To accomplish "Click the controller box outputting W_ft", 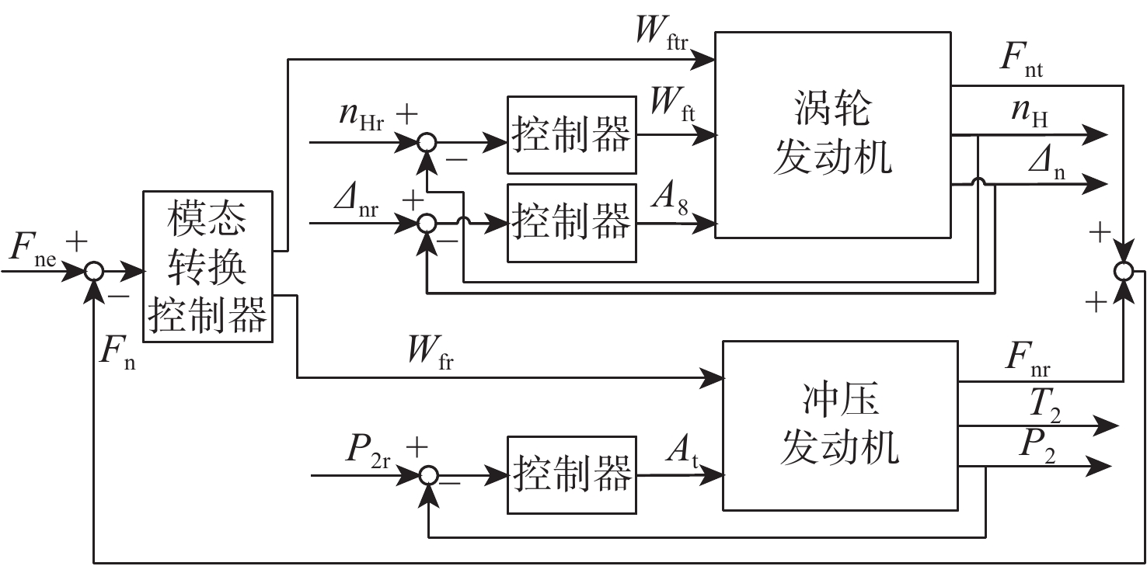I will tap(570, 135).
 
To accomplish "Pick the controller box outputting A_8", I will tap(570, 222).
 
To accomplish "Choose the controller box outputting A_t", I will tap(570, 474).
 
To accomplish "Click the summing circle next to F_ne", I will tap(93, 272).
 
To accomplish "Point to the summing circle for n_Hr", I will tap(427, 142).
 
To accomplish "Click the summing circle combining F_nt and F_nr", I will tap(1124, 271).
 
